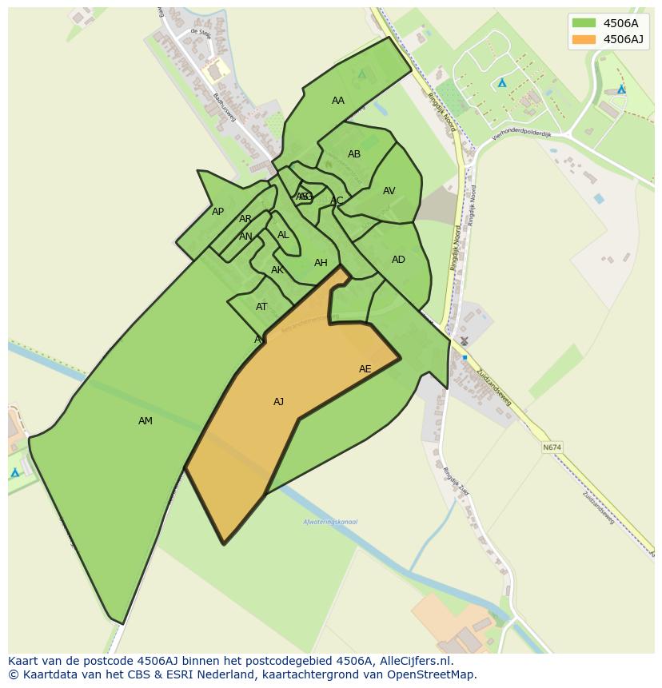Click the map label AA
coord(338,101)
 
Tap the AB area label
coord(354,154)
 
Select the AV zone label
coord(389,191)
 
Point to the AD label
coord(398,260)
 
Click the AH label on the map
coord(321,263)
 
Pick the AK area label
coord(277,270)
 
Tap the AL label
coord(283,235)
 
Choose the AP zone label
coord(217,212)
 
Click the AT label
coord(261,307)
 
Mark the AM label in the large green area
coord(145,421)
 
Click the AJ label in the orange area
coord(278,402)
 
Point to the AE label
coord(365,369)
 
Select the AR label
coord(245,219)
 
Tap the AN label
coord(245,237)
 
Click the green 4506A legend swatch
coord(584,22)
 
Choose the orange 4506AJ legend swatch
coord(584,39)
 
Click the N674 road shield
coord(552,447)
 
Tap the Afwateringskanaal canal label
coord(330,522)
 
